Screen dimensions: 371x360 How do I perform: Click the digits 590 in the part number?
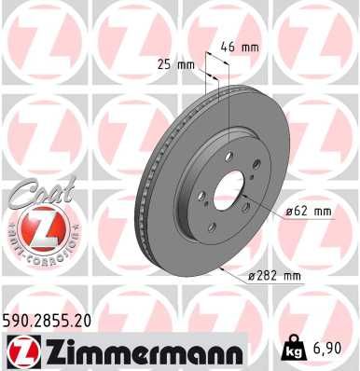click(21, 319)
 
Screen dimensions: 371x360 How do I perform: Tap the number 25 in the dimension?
click(164, 64)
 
